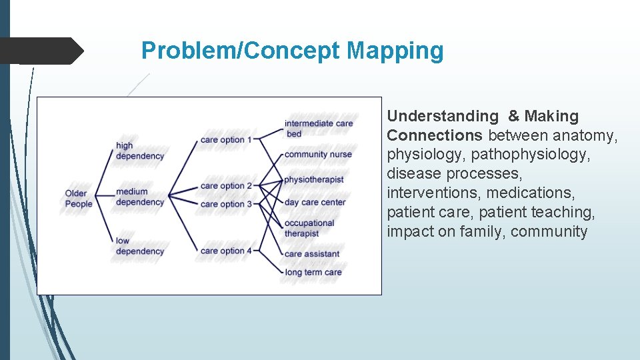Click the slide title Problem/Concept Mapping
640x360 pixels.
(x=292, y=51)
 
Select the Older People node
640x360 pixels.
(x=78, y=199)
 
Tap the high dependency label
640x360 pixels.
(x=139, y=151)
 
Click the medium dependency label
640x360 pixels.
(x=139, y=197)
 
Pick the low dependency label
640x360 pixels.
(x=139, y=246)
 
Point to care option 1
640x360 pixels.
(x=226, y=140)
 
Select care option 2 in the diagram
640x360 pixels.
(x=226, y=185)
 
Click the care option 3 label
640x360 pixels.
(x=226, y=204)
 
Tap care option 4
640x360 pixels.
(x=226, y=251)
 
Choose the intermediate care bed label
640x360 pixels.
(x=318, y=129)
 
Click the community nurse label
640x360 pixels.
(x=317, y=155)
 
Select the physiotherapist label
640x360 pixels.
(x=313, y=179)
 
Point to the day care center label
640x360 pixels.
(x=315, y=202)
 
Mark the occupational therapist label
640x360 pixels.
(x=309, y=228)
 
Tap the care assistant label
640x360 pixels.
(x=311, y=254)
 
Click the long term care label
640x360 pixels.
(x=313, y=272)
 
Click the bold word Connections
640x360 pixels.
(x=435, y=135)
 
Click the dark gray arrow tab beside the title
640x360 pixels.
(x=41, y=51)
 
